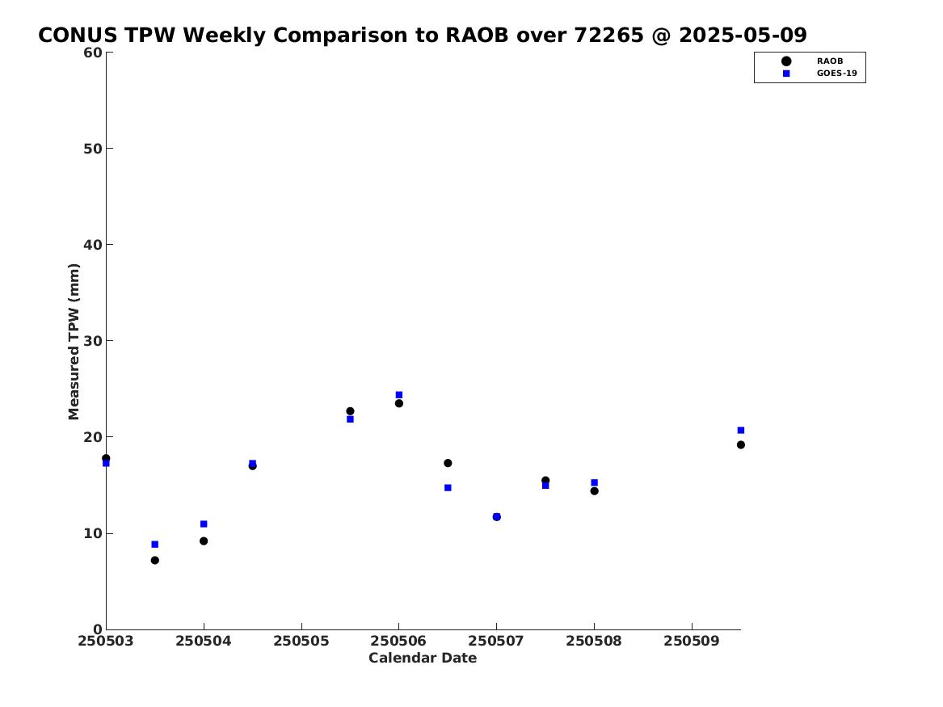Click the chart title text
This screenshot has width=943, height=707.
coord(422,35)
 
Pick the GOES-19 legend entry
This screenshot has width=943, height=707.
coord(819,74)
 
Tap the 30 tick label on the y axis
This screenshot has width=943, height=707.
coord(93,341)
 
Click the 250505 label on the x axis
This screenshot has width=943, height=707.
coord(301,641)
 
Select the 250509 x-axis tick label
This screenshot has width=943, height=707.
coord(692,641)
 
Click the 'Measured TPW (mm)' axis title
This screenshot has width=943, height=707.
coord(74,341)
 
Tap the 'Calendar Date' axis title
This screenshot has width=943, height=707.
coord(423,659)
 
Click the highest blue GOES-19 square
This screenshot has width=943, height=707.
coord(398,395)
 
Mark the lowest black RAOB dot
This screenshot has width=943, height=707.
coord(154,560)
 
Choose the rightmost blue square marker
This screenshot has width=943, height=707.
coord(741,431)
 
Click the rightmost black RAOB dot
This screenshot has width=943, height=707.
coord(741,445)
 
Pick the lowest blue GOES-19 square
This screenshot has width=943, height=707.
coord(154,545)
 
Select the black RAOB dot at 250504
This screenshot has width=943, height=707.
coord(204,541)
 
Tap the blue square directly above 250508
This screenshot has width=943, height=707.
coord(594,482)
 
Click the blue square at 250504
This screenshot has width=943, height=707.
coord(204,524)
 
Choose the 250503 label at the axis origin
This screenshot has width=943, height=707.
coord(106,641)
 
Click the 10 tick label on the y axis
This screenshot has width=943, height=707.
coord(93,533)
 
